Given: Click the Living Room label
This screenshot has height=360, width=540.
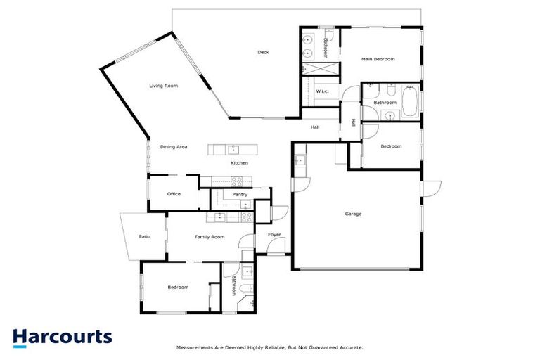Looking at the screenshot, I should (163, 86).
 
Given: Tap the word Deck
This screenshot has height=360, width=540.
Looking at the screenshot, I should (263, 52).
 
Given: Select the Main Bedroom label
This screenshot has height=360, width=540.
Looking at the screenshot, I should (378, 59).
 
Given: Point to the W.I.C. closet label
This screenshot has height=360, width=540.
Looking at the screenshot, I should (323, 91).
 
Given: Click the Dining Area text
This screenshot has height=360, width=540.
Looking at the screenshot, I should (174, 147).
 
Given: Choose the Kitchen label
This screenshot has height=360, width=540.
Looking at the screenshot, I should (240, 163).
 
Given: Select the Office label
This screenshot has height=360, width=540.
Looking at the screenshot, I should (174, 194).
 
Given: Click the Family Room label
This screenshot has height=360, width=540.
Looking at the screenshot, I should (210, 237).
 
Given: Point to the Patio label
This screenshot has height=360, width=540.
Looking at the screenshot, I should (143, 236).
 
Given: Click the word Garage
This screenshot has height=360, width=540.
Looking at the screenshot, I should (353, 214).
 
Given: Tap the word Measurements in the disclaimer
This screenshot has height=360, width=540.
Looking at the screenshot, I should (195, 347).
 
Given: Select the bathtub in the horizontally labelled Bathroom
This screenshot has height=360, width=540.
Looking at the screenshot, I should (410, 103).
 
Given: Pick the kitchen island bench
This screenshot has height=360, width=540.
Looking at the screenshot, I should (233, 149).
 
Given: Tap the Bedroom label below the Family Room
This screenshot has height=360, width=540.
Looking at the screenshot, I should (178, 287).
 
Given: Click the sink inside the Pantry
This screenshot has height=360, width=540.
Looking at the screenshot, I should (245, 205).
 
